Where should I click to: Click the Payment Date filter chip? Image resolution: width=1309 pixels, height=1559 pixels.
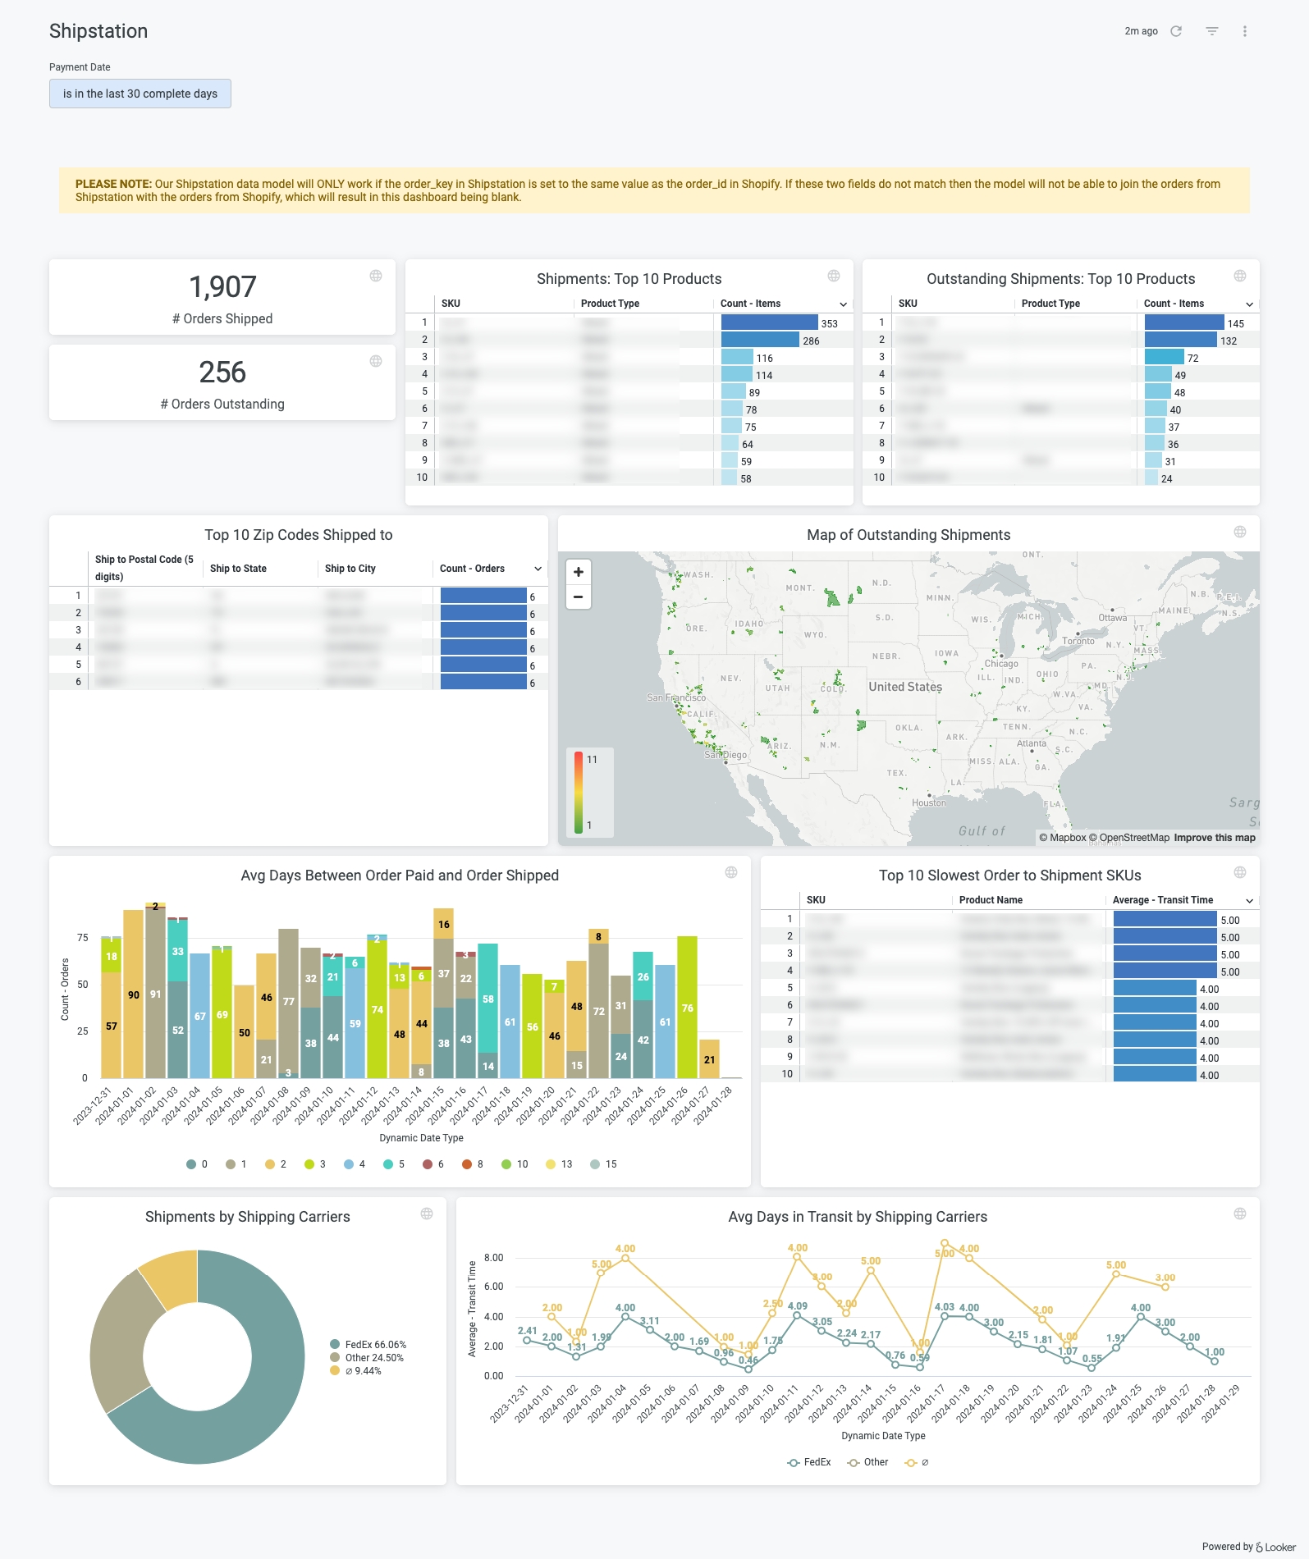140,94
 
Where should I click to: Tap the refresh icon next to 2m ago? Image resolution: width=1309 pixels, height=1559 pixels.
1176,31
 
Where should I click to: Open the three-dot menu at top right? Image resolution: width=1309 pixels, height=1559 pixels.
1245,31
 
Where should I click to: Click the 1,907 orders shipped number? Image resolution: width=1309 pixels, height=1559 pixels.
222,287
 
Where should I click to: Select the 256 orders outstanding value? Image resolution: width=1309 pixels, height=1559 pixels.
222,373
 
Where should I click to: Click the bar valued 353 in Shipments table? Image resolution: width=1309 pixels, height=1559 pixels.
769,323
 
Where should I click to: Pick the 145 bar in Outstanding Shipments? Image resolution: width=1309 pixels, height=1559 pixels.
1184,323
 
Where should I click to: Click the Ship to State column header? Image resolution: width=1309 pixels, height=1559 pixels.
238,569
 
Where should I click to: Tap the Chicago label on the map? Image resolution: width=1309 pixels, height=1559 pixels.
1001,664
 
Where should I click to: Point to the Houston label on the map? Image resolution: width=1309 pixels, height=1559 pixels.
929,802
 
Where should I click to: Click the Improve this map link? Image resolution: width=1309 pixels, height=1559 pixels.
1215,838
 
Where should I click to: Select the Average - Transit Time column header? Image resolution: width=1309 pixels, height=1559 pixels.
1162,900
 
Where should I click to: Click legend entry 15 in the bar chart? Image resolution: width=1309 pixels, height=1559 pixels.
604,1164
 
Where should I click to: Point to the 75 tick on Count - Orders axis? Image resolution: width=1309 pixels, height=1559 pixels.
82,938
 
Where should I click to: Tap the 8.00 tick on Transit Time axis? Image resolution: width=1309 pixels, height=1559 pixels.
493,1258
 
